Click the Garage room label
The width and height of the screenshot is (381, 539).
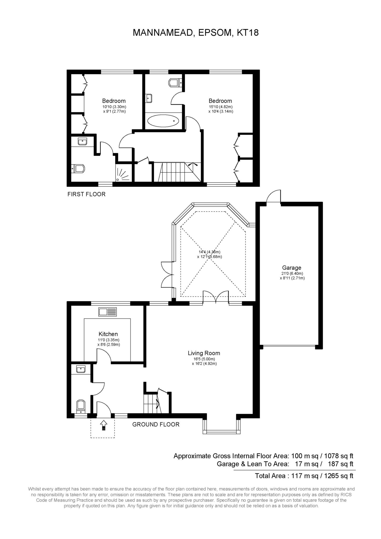292,268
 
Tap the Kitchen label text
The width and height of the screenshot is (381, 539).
108,334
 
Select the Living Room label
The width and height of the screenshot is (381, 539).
204,353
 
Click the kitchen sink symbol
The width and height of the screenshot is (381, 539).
108,312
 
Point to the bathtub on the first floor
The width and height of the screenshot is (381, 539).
163,121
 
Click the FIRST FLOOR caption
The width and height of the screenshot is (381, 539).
86,194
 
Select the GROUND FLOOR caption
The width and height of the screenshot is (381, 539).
156,425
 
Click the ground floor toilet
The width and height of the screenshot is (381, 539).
81,407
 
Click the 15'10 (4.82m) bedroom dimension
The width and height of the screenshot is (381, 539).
220,107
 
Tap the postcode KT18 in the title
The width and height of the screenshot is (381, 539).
248,33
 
